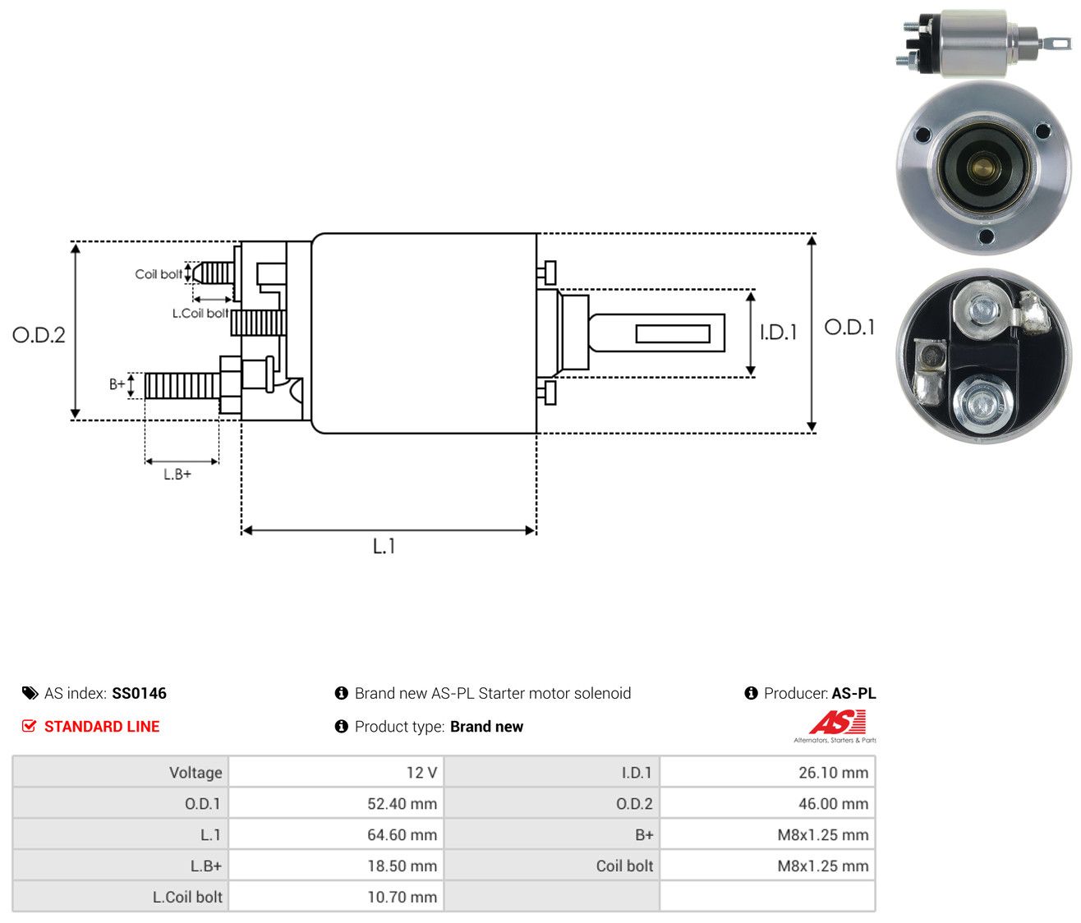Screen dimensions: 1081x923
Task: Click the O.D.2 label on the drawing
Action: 39,335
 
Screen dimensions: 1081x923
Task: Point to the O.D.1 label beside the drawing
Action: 849,328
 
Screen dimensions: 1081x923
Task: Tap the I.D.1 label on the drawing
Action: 778,333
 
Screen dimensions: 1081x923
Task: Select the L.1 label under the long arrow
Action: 384,546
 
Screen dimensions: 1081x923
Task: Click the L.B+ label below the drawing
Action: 177,475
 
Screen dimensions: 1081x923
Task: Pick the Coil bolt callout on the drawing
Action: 159,274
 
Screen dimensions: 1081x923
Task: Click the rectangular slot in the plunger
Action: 673,333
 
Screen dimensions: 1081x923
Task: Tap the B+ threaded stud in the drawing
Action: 182,386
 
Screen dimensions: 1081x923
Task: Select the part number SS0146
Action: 139,693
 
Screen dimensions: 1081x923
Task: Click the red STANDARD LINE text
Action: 102,727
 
